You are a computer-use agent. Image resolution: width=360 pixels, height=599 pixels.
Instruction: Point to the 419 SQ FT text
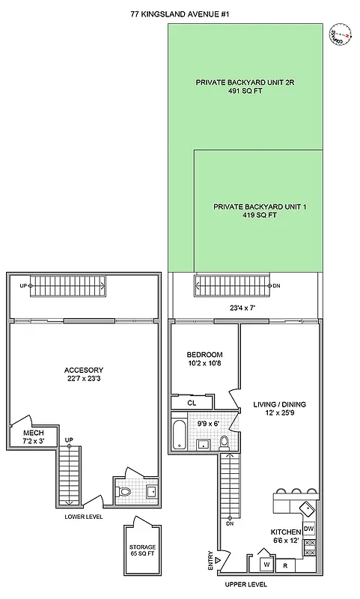pyautogui.click(x=260, y=215)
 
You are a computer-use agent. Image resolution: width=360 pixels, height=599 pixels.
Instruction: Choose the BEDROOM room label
pyautogui.click(x=204, y=354)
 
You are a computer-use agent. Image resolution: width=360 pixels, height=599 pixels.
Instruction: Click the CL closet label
pyautogui.click(x=192, y=402)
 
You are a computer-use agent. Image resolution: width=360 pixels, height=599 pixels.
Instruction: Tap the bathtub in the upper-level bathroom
pyautogui.click(x=180, y=434)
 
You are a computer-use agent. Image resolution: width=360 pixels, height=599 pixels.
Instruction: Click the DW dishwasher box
pyautogui.click(x=309, y=529)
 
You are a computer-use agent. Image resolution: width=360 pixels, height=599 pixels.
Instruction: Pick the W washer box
pyautogui.click(x=264, y=564)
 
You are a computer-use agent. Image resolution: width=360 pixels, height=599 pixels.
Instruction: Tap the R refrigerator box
pyautogui.click(x=285, y=565)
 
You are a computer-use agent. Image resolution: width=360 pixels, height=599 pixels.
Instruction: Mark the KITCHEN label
pyautogui.click(x=285, y=532)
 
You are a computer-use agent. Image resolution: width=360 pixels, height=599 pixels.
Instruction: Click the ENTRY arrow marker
pyautogui.click(x=218, y=559)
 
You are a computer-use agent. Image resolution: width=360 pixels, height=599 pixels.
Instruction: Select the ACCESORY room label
pyautogui.click(x=84, y=371)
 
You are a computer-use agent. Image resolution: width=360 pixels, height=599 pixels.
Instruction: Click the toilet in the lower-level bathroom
pyautogui.click(x=125, y=491)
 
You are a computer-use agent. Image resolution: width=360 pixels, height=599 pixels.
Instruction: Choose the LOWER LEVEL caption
pyautogui.click(x=84, y=517)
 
